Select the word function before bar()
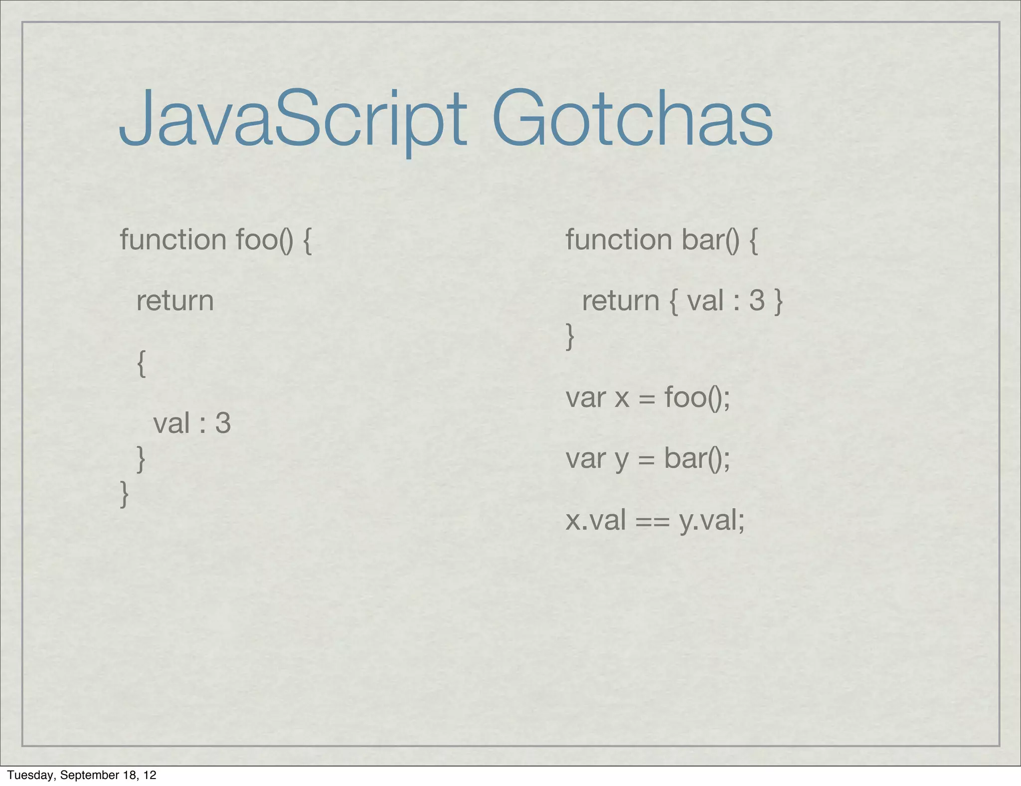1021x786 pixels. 619,239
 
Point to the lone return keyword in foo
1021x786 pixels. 175,301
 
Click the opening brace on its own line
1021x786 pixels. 142,363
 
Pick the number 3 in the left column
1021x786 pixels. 223,423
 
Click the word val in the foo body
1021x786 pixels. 171,423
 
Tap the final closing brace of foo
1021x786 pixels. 125,493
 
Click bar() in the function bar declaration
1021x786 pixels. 711,239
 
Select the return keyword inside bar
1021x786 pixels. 621,301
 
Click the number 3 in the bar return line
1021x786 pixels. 757,301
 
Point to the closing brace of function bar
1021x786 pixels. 570,336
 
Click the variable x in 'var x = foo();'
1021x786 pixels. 622,398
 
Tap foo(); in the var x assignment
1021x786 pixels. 697,398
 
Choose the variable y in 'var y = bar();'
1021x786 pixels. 622,459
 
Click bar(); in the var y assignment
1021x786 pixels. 697,458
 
